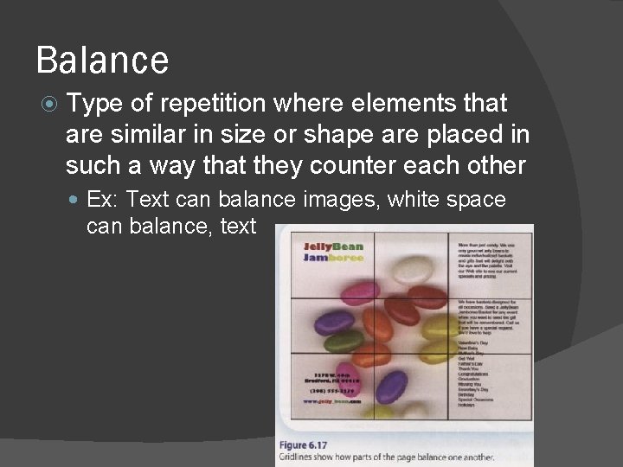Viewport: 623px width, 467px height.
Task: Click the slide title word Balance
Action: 102,61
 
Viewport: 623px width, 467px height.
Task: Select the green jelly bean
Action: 343,341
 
